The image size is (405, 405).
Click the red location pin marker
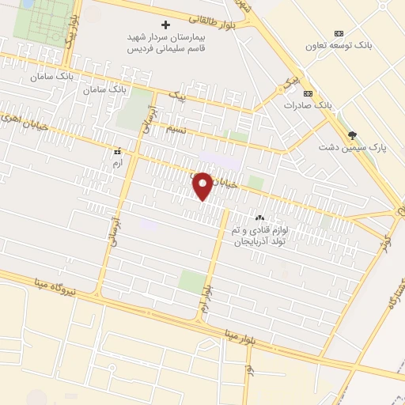202,185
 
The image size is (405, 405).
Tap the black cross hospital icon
165,25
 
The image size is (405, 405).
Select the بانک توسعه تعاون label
340,45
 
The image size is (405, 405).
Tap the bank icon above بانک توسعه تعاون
339,33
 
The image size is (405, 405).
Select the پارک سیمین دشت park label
346,147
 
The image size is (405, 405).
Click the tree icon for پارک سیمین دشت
352,135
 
